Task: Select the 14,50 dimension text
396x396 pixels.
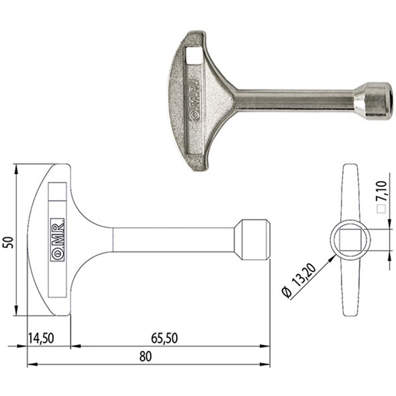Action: (x=41, y=339)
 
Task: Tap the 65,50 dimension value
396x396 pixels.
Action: (x=164, y=339)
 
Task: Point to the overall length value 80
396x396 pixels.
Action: (x=146, y=356)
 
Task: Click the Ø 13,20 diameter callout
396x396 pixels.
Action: (x=299, y=280)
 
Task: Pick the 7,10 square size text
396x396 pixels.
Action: (x=381, y=190)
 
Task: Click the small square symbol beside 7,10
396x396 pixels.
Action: (x=381, y=208)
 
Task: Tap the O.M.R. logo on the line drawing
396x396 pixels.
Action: (x=57, y=240)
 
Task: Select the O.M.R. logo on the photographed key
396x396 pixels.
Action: (x=194, y=100)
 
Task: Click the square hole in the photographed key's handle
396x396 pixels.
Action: (x=194, y=55)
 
